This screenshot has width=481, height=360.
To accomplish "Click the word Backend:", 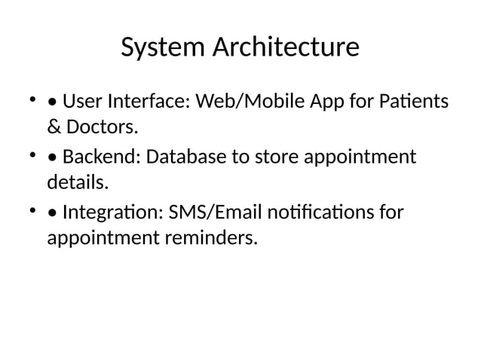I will click(x=101, y=158).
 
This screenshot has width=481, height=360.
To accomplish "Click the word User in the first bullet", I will click(x=82, y=101).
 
